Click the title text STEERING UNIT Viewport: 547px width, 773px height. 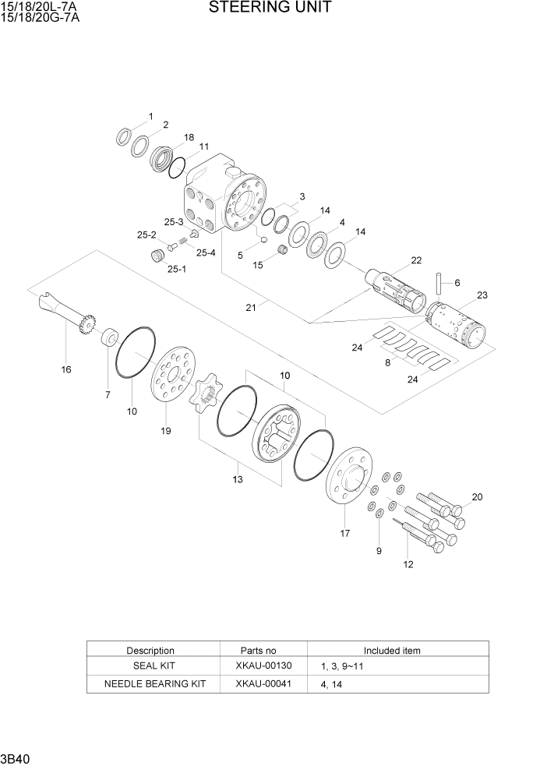coord(270,9)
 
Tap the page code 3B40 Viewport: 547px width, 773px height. coord(16,759)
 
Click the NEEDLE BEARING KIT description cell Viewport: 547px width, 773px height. coord(155,684)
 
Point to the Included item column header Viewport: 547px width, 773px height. coord(392,650)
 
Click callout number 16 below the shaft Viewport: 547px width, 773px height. coord(66,369)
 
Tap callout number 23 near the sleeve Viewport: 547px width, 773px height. coord(482,295)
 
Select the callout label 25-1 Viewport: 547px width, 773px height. coord(176,269)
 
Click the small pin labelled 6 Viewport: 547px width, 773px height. coord(439,283)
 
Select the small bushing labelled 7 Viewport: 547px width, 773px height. coord(109,338)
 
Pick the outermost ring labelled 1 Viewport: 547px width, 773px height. coord(123,138)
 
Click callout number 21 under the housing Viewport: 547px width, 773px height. coord(250,308)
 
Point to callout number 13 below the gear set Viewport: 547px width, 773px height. coord(238,479)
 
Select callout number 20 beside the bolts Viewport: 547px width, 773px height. coord(477,496)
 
